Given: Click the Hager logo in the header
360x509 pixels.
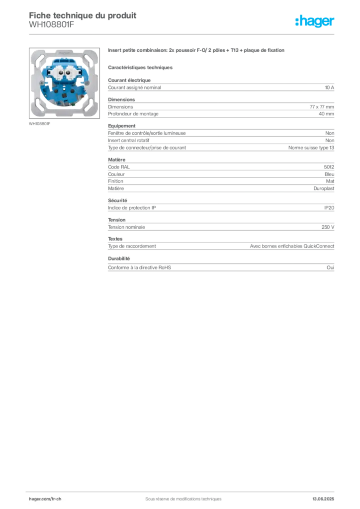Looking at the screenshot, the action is [315, 21].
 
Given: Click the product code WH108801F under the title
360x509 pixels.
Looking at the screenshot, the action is [52, 24].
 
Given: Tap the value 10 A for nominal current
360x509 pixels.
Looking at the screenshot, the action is [330, 87].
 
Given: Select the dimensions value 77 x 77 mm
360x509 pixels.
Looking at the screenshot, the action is [322, 107].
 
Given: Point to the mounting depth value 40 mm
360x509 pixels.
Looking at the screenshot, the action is [326, 114].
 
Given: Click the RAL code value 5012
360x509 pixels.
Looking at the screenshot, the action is [329, 167].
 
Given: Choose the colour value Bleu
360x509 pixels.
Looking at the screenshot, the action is [329, 174].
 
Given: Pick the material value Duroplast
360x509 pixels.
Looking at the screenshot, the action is [324, 188].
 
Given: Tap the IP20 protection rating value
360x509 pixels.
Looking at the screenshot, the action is [329, 208].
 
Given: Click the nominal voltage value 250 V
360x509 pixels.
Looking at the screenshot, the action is [328, 227].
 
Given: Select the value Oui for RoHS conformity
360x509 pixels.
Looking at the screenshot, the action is [330, 267].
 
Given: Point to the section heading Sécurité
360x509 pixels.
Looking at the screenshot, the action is [117, 201].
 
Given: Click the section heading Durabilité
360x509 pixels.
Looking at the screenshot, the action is [119, 258].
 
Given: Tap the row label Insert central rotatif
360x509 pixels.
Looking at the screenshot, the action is [129, 141].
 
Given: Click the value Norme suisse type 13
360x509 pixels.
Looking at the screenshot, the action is [311, 148].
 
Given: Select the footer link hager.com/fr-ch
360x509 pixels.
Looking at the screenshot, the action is [45, 499].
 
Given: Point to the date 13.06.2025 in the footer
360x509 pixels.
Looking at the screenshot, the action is [323, 499].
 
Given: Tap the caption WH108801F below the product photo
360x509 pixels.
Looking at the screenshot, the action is [40, 124].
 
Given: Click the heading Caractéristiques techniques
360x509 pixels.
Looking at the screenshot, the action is [140, 68].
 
